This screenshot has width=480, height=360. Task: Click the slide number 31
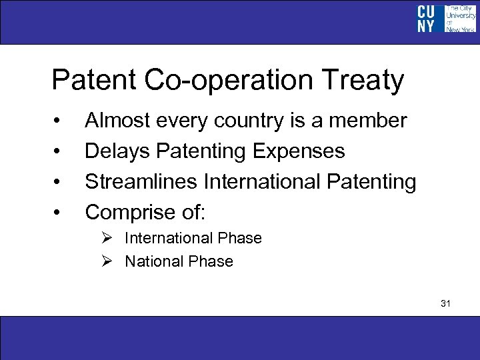(x=446, y=304)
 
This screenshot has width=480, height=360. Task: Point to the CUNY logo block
(x=426, y=19)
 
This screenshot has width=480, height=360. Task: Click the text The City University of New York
(x=460, y=19)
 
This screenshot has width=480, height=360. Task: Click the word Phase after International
(x=241, y=238)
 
